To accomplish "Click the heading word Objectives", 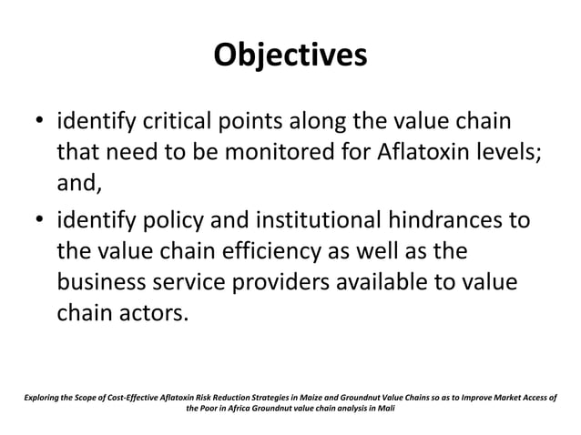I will pos(290,55).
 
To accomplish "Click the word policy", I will pos(166,222).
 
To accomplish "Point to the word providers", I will pos(291,283).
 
